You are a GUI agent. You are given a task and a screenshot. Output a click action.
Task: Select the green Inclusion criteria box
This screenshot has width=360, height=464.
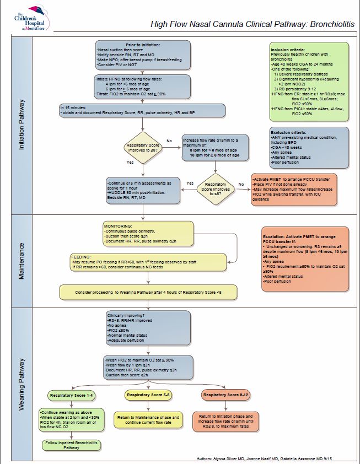click(309, 83)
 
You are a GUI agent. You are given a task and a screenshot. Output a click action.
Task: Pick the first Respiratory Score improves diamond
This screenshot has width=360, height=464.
click(143, 148)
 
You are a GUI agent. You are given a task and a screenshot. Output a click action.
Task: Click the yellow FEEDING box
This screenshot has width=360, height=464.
click(148, 262)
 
